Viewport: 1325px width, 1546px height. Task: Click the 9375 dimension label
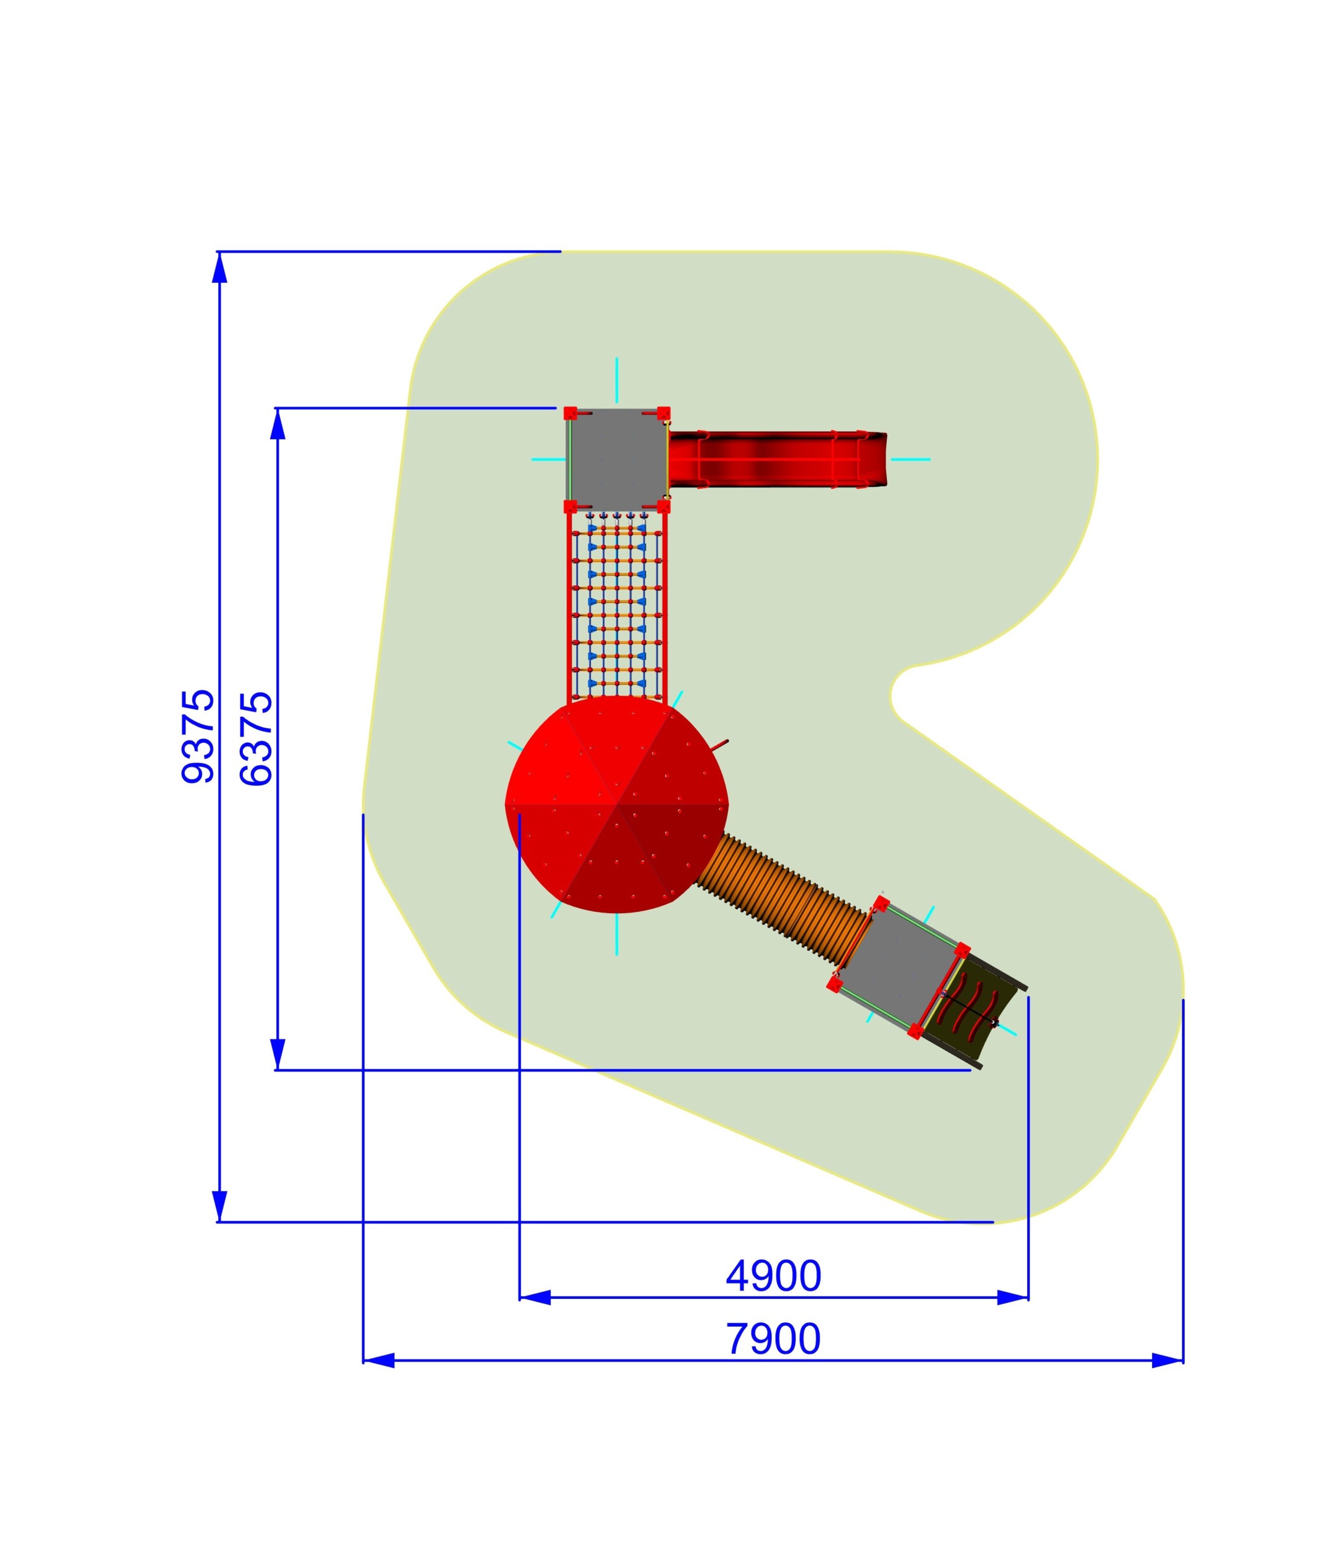pos(198,736)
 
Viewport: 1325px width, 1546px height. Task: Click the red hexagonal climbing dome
pos(617,804)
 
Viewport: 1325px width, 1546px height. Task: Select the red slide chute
pos(776,459)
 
